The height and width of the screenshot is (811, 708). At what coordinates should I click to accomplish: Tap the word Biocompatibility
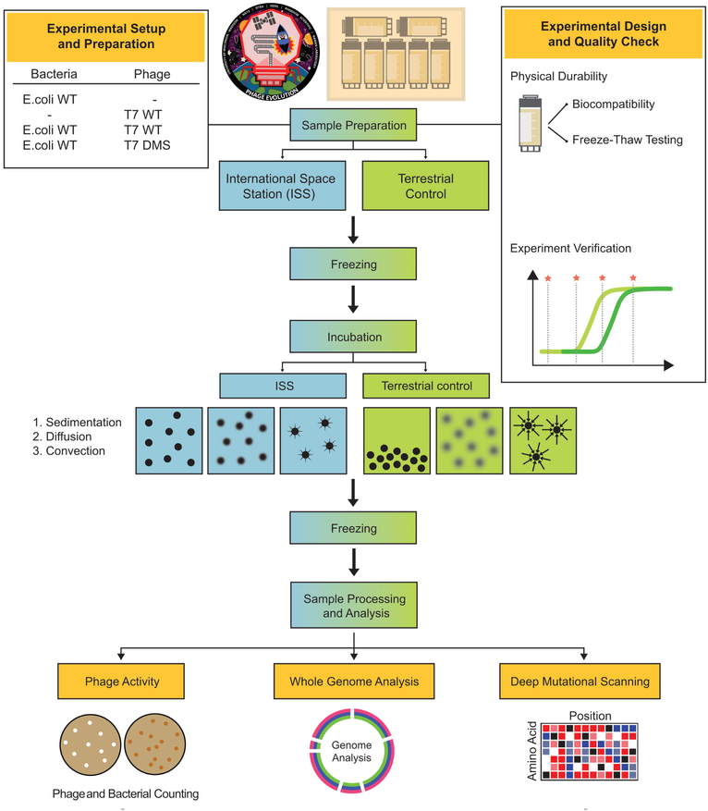612,105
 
